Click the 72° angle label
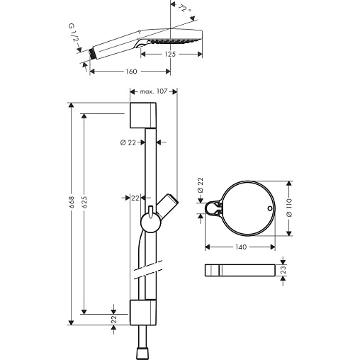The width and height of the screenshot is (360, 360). pos(184,9)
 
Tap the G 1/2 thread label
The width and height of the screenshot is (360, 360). pos(74,33)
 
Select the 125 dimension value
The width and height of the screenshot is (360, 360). pos(170,54)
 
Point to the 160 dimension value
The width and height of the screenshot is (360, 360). pos(131,72)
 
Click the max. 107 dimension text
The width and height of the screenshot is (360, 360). pos(154,91)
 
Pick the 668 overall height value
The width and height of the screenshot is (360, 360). pos(71,202)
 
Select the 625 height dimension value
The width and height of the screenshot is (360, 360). pos(84,202)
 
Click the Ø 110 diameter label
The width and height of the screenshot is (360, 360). pos(289,208)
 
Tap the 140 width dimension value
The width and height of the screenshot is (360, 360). pos(241,247)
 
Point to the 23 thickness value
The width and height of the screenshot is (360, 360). pos(283,269)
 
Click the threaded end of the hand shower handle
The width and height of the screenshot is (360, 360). pos(92,53)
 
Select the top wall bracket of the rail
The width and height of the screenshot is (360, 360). pos(143,116)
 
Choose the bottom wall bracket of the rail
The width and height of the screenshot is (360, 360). pos(143,313)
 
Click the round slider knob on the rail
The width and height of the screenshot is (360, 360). pos(151,223)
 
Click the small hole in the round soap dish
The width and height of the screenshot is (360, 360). pos(270,208)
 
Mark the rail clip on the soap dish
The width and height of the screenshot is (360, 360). pos(214,208)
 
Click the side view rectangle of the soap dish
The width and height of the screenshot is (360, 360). pos(240,270)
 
